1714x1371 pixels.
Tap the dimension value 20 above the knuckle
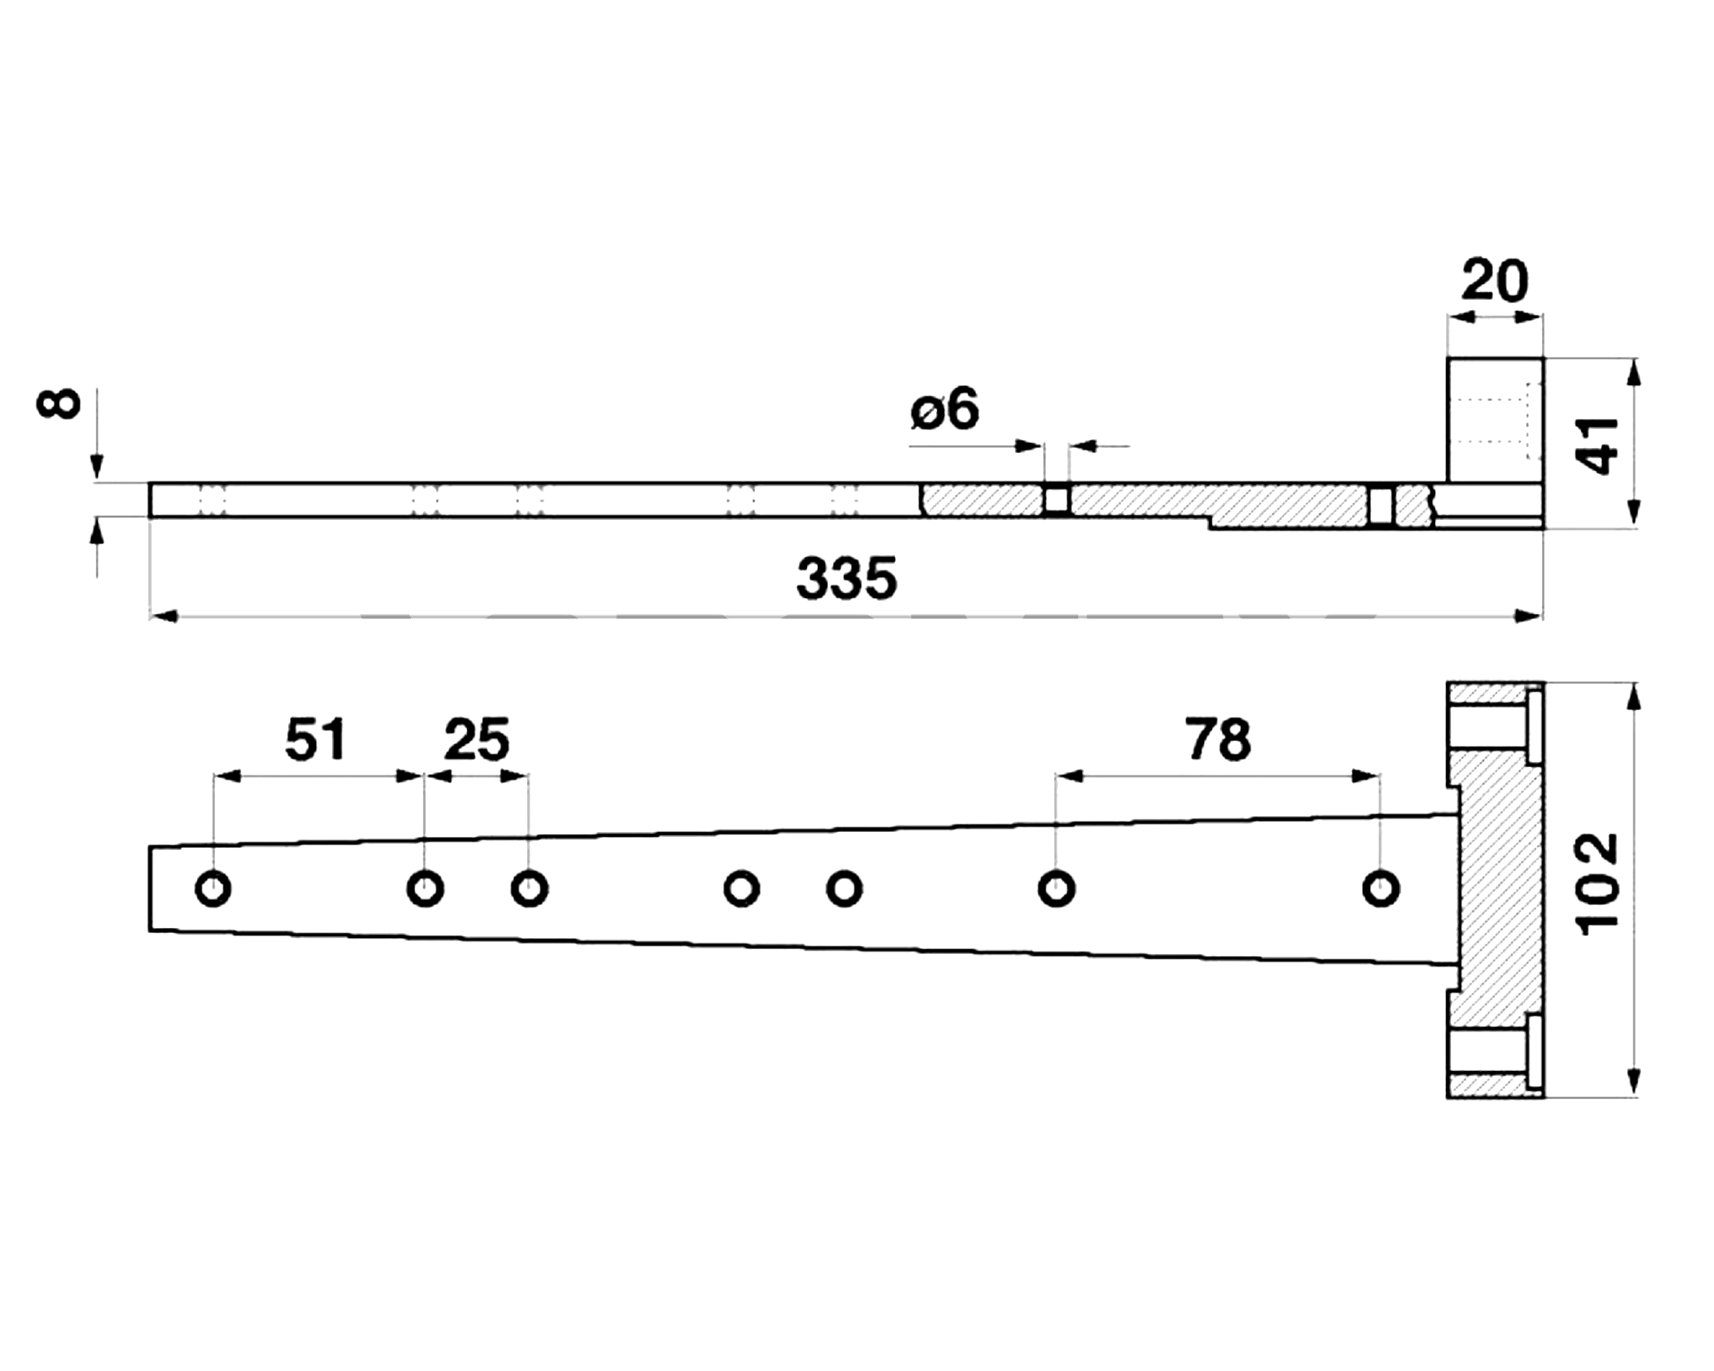(1494, 280)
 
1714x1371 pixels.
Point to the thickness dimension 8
(59, 403)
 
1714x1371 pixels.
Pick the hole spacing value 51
(315, 739)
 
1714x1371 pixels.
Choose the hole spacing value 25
(476, 739)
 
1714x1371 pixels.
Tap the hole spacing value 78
(1218, 739)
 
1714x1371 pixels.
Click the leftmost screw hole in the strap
(213, 888)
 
